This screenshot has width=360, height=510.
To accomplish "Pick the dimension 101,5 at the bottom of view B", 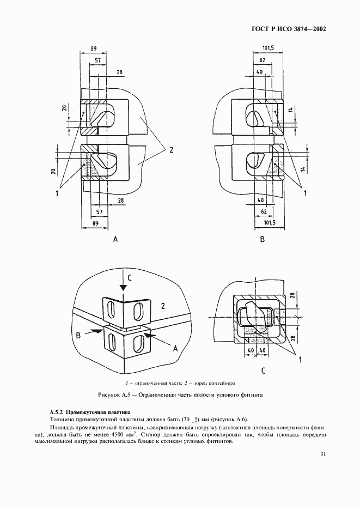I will pos(268,223).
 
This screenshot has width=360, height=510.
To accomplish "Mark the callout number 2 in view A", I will pos(170,149).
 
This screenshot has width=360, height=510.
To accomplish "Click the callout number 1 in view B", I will pos(306,193).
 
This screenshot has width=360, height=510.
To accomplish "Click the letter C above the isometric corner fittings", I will pos(129,278).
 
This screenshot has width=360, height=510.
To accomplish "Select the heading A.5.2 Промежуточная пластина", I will pos(88,412).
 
